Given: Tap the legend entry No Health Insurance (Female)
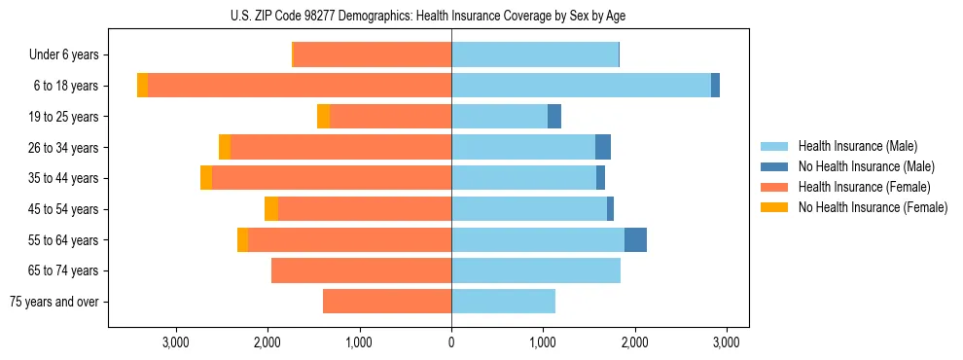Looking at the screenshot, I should tap(873, 207).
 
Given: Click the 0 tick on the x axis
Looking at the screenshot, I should tap(451, 342).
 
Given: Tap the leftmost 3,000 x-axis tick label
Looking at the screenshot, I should tap(176, 342).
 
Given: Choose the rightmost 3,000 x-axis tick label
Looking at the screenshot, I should tap(726, 342).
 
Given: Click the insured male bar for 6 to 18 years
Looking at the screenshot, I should tap(581, 86).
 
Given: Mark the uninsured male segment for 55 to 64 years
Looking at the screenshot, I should tap(635, 239).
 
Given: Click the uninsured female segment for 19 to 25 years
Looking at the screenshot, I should tap(324, 117).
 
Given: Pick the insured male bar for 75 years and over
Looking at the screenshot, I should tap(503, 302).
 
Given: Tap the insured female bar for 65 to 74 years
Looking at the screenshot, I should tap(361, 270).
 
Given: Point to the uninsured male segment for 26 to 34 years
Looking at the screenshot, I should tap(603, 147).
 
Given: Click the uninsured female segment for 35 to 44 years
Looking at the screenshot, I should tap(206, 178).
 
